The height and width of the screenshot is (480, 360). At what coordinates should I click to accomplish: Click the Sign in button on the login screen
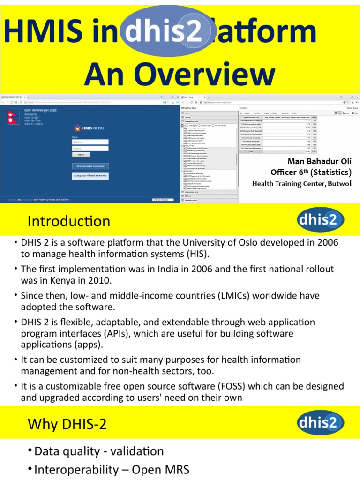coord(81,154)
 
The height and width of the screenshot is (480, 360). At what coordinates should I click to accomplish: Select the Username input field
coord(90,142)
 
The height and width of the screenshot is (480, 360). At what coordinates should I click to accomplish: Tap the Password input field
coord(90,148)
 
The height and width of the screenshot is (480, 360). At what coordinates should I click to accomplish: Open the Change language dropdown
coord(163,200)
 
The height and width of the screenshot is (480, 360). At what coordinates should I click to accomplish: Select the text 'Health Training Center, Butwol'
coord(301,183)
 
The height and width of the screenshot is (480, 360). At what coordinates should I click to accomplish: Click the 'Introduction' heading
coord(68,221)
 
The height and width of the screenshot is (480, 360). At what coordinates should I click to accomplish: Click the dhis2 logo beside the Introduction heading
coord(321,219)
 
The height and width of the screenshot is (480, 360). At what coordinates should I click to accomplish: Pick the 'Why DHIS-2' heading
coord(67,424)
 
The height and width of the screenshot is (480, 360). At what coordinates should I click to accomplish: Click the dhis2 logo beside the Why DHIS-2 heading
coord(321,423)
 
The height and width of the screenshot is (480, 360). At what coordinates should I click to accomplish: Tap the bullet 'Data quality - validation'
coord(99,451)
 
